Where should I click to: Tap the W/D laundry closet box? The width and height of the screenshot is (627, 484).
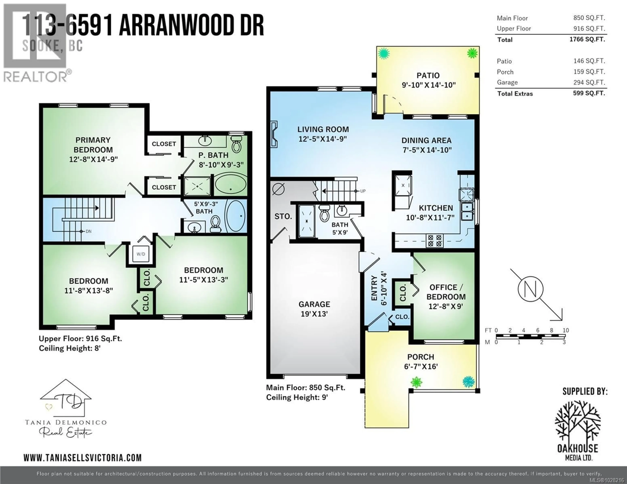click(141, 254)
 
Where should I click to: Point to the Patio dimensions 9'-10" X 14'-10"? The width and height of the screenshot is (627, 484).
click(428, 85)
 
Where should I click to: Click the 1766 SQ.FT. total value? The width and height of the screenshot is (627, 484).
click(587, 39)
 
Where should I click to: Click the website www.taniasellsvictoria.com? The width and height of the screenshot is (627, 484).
click(83, 458)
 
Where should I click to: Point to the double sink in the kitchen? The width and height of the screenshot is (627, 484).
click(467, 211)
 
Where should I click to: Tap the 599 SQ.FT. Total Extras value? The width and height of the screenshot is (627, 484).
click(589, 93)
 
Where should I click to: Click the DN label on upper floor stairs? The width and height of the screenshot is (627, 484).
click(88, 231)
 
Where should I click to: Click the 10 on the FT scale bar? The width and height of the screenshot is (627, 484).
click(566, 330)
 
